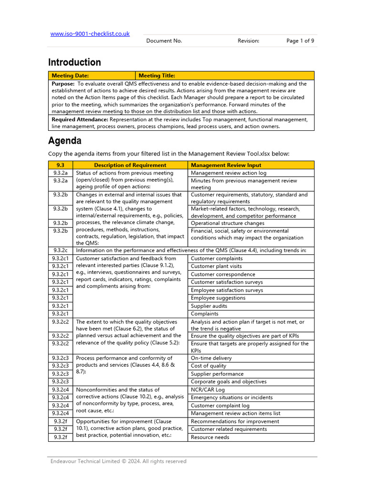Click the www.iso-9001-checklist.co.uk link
coord(90,34)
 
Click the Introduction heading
coord(74,62)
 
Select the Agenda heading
coord(65,141)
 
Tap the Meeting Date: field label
coord(70,75)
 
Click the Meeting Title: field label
coord(157,75)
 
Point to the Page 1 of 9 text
coord(300,41)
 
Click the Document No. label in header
coord(164,41)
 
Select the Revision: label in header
coord(248,41)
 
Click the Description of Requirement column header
coord(130,165)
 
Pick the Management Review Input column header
coord(226,165)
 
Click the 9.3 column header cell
coord(61,165)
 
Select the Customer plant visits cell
coord(216,266)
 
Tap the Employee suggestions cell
coord(218,298)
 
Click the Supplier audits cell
coord(209,306)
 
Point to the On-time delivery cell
coord(211,358)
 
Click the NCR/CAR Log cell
coord(208,390)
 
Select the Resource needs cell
coord(210,437)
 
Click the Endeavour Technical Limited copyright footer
coord(119,461)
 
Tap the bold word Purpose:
coord(63,84)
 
